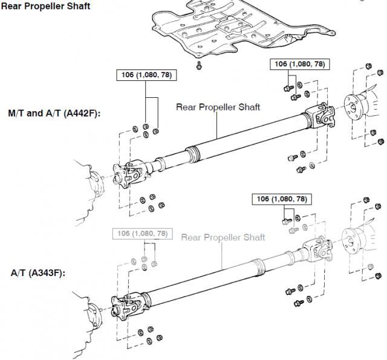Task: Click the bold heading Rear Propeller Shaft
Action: point(46,7)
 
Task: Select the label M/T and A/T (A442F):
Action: point(54,114)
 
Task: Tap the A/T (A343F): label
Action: point(37,273)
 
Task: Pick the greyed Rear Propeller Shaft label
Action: point(224,237)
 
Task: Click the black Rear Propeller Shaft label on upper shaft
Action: point(218,107)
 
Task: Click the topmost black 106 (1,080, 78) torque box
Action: point(298,64)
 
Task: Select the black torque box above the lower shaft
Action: point(282,199)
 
